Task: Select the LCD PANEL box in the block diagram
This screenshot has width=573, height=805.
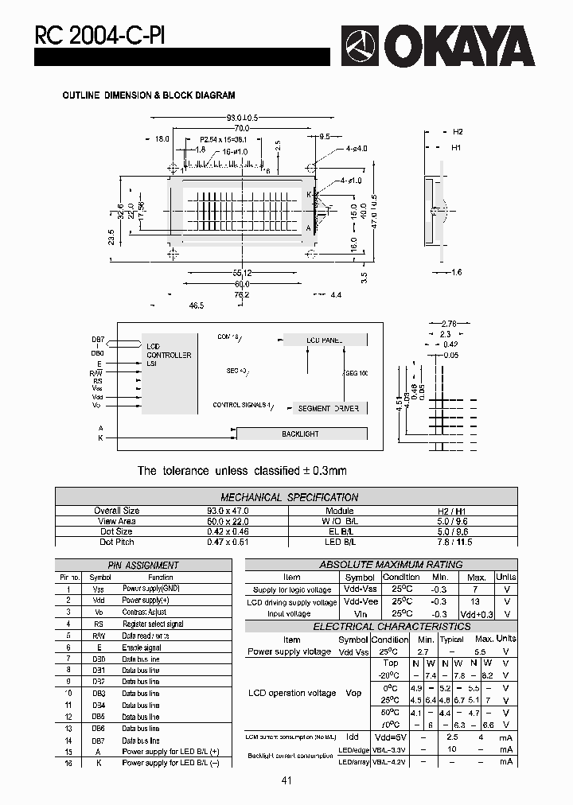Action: pos(324,340)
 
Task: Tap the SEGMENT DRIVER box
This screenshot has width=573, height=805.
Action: pos(328,408)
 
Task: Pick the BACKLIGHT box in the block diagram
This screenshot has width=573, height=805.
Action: pos(300,434)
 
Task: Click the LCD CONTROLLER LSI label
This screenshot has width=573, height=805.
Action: pos(168,355)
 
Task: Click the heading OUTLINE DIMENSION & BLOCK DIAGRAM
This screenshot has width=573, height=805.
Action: pos(149,95)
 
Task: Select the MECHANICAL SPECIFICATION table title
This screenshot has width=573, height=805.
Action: pos(289,497)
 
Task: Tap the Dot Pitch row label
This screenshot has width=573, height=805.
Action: pos(116,542)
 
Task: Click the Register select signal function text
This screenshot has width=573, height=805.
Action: pos(153,624)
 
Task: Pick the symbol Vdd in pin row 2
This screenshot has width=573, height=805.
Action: pos(99,601)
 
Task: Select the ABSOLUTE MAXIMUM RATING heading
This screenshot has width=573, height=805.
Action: pos(390,564)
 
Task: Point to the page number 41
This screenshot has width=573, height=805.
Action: pos(286,780)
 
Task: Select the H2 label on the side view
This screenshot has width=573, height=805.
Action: pos(458,132)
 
